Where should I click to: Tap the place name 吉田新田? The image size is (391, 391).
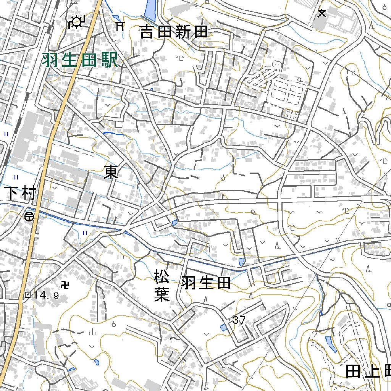pyautogui.click(x=174, y=32)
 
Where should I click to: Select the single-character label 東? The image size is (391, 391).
pyautogui.click(x=111, y=173)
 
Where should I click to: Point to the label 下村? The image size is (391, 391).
pyautogui.click(x=20, y=194)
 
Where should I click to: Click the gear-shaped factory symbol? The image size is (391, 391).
pyautogui.click(x=76, y=22)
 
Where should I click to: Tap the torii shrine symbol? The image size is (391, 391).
pyautogui.click(x=120, y=26)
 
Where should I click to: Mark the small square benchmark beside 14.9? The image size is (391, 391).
pyautogui.click(x=27, y=295)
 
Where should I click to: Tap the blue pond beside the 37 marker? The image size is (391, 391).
pyautogui.click(x=224, y=327)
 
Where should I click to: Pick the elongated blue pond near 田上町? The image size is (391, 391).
pyautogui.click(x=331, y=344)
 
